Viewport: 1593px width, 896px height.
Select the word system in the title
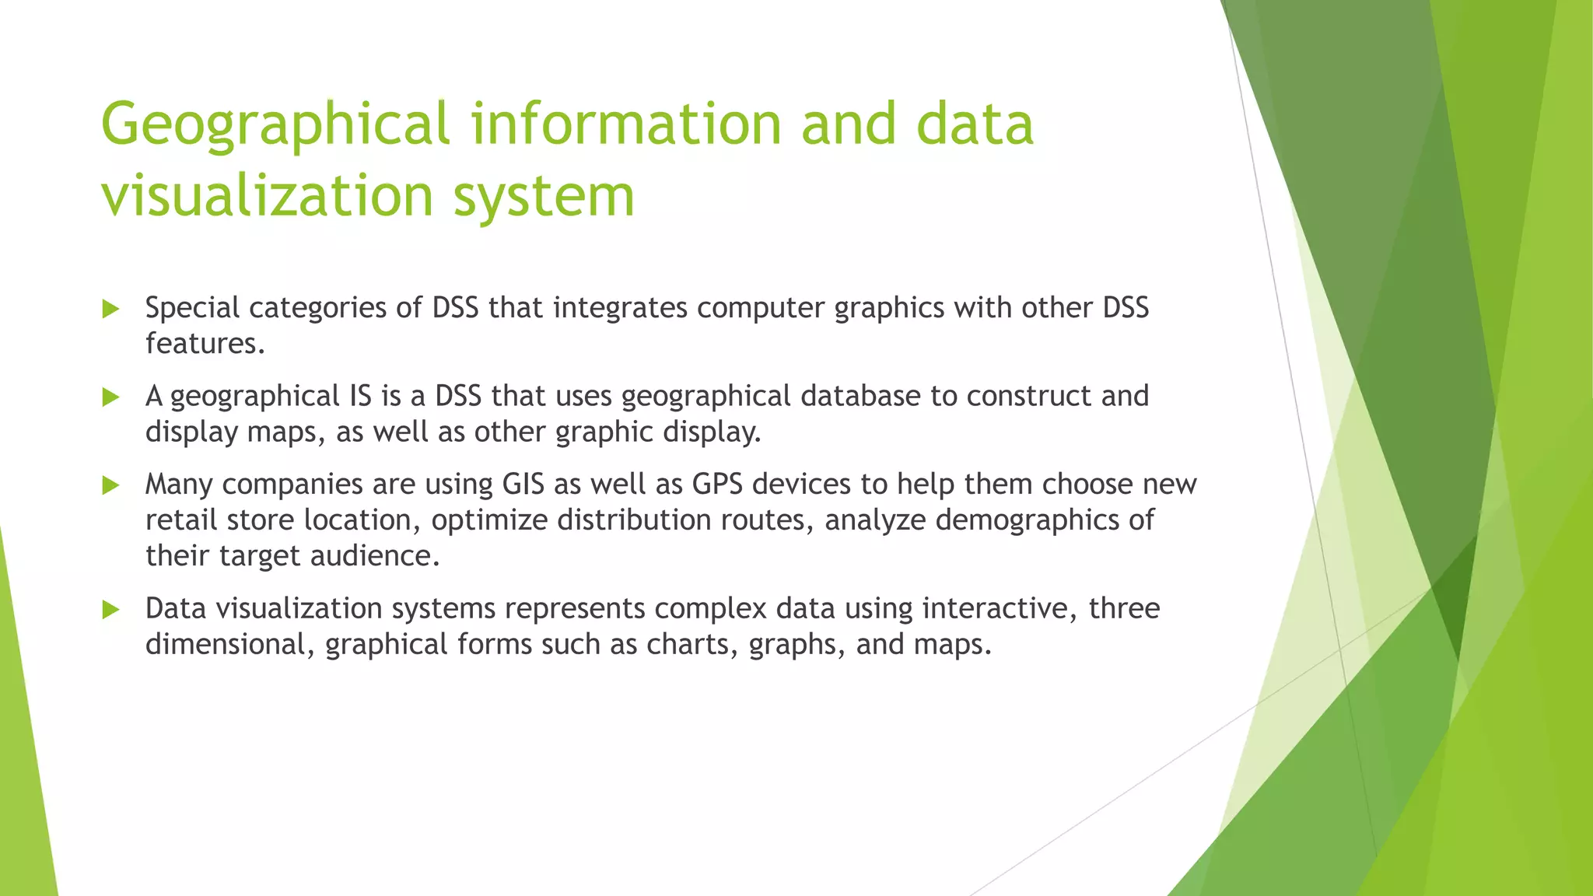point(544,196)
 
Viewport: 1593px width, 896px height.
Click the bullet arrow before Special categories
point(111,310)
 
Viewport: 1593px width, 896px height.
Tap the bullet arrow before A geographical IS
point(111,397)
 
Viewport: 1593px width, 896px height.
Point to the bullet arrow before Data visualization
point(111,610)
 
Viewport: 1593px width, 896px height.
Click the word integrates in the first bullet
point(620,308)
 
